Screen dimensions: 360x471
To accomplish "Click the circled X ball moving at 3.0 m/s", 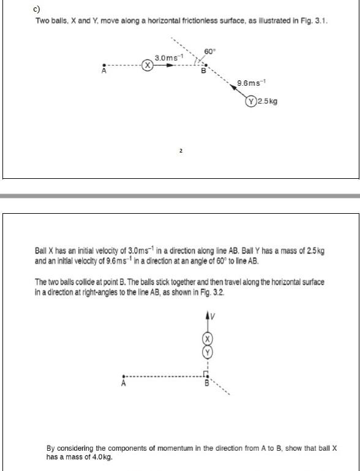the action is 147,66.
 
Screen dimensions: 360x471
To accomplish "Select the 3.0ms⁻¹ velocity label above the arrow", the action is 170,57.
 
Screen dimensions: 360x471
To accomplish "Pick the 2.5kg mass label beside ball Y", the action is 268,101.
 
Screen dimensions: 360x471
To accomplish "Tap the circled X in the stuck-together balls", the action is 208,339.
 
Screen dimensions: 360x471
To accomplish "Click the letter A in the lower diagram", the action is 123,384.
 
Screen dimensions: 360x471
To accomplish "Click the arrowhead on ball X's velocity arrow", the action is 170,66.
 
